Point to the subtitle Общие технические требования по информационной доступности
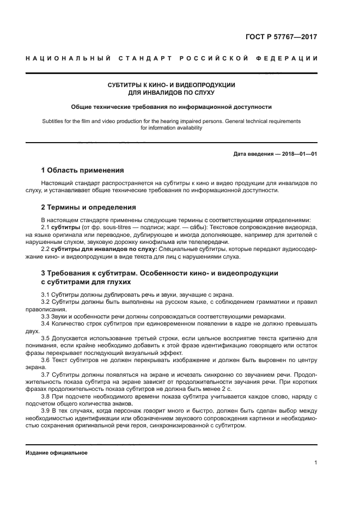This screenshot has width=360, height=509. point(172,107)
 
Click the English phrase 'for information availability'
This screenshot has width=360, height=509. point(172,128)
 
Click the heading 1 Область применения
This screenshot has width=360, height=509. point(83,170)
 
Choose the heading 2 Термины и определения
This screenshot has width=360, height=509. point(89,207)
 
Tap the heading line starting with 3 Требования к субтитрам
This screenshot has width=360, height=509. point(160,272)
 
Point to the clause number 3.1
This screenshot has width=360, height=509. point(46,295)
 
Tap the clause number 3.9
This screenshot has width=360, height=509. point(46,411)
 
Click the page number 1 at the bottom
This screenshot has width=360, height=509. point(316,463)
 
